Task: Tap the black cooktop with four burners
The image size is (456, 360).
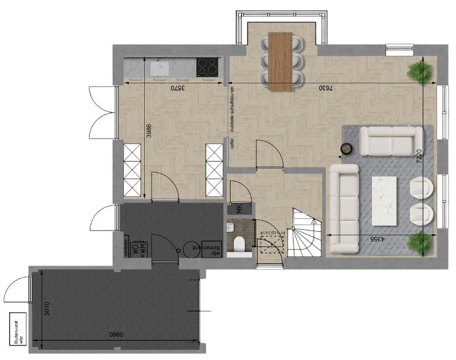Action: (x=208, y=67)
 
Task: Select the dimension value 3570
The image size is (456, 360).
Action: (x=177, y=88)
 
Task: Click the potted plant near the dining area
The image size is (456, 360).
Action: (x=421, y=70)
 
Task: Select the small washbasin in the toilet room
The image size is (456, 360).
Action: (x=231, y=228)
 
